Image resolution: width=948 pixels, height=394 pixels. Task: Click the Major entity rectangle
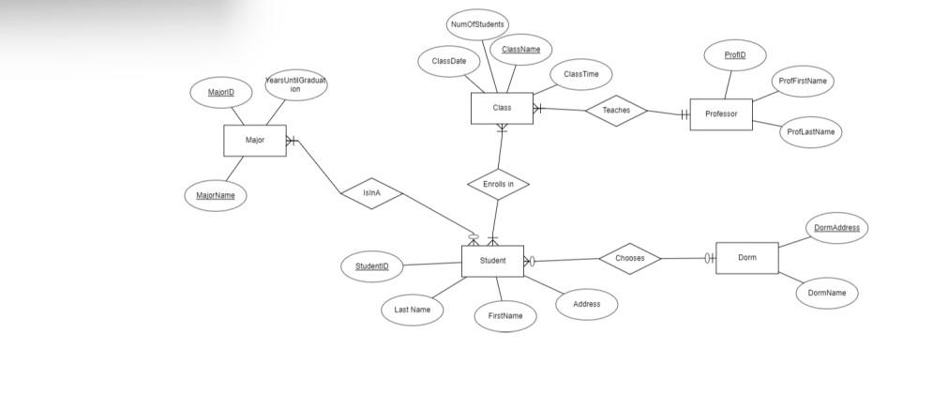[254, 140]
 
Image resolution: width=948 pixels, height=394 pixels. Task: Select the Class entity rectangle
[502, 108]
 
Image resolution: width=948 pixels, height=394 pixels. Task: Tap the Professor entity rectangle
[721, 114]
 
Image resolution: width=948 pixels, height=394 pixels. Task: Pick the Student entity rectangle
[492, 261]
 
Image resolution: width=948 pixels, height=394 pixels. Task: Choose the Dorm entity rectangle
[746, 257]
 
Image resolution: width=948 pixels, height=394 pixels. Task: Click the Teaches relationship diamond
[616, 111]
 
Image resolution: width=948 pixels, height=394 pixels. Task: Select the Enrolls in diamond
[498, 185]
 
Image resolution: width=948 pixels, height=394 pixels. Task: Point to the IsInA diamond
[372, 193]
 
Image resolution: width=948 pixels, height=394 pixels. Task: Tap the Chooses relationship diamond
[629, 258]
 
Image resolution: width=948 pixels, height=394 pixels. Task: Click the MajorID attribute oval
[221, 92]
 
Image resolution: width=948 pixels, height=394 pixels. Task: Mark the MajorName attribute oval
[216, 195]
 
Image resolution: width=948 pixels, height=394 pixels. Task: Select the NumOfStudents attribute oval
[477, 24]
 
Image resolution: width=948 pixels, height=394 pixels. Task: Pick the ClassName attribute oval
[520, 49]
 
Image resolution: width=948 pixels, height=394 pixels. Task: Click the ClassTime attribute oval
[581, 73]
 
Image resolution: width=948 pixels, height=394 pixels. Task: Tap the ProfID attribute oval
[735, 55]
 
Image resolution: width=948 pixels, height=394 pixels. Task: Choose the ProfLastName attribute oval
[810, 132]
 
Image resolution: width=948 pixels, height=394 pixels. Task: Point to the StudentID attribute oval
[371, 266]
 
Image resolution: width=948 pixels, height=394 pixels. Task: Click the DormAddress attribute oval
[836, 228]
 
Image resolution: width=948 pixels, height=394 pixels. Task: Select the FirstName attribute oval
[505, 316]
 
